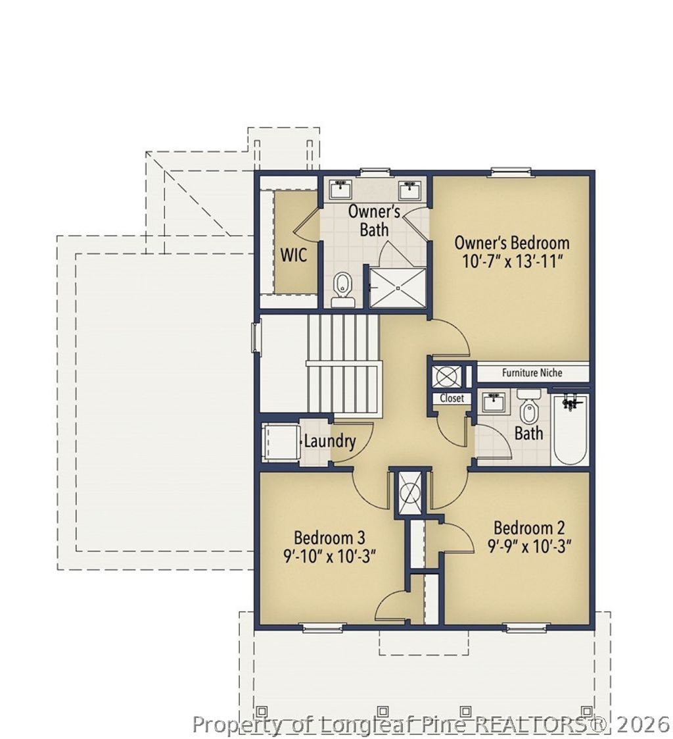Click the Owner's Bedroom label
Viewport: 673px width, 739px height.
coord(511,242)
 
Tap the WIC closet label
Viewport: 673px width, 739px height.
coord(293,255)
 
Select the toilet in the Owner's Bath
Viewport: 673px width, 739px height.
coord(342,290)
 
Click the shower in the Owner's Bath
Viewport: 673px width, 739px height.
coord(396,287)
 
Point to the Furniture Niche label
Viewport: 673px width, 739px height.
coord(532,372)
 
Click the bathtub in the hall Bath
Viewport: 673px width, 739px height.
coord(570,429)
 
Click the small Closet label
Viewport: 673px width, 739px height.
coord(452,398)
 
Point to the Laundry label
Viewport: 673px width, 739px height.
coord(329,441)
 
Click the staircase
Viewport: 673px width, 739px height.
coord(342,363)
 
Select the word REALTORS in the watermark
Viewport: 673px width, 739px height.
coord(528,725)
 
